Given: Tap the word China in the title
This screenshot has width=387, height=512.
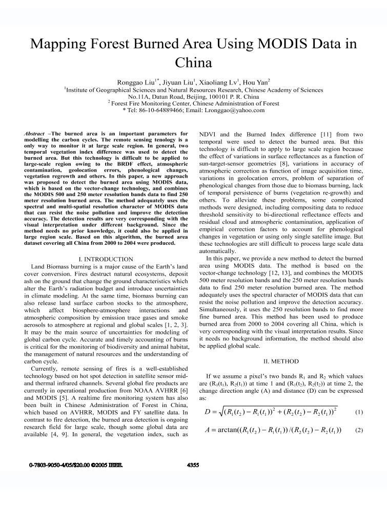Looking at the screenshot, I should pyautogui.click(x=193, y=63).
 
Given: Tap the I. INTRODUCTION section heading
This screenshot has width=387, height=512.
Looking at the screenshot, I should pyautogui.click(x=104, y=260).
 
